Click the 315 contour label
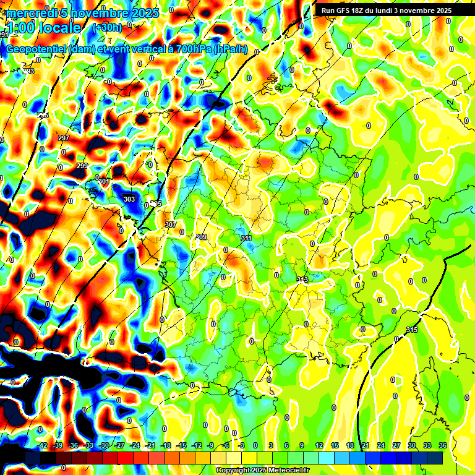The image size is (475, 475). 412,330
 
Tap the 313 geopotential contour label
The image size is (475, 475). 302,280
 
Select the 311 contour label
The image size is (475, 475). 246,238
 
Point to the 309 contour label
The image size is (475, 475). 201,237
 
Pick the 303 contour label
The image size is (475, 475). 129,199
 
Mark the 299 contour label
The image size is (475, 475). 82,166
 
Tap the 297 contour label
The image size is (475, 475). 63,137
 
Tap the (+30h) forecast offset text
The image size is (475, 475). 107,28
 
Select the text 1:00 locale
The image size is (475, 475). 44,28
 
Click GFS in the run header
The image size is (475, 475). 343,11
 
